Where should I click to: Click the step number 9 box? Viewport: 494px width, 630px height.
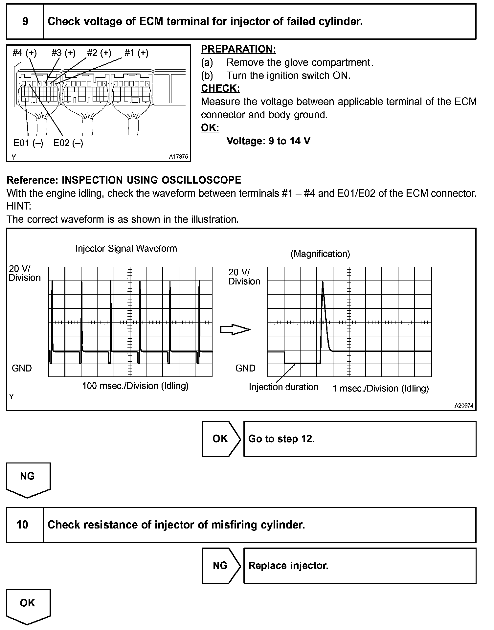coord(25,22)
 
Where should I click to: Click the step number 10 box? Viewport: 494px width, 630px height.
coord(22,525)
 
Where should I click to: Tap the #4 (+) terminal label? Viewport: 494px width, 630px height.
coord(25,53)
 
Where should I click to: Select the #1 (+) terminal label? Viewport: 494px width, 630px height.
coord(136,53)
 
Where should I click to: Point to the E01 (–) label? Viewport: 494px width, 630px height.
coord(28,143)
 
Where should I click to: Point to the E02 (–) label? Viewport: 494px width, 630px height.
coord(68,143)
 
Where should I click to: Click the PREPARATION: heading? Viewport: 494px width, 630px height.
coord(238,49)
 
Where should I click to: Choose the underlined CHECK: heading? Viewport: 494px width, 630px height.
coord(220,88)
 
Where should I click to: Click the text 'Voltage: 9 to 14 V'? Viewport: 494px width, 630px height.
coord(268,141)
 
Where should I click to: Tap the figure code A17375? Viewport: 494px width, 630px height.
coord(178,157)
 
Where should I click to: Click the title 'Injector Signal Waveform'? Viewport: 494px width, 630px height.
coord(126,249)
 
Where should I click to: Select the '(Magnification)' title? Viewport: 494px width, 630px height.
coord(320,254)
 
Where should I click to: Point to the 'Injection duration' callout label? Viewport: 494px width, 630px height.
coord(283,387)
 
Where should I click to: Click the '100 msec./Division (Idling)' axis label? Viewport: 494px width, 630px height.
coord(135,386)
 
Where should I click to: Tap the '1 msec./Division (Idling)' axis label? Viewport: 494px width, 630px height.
coord(380,389)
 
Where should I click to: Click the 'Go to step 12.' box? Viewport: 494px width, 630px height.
coord(359,439)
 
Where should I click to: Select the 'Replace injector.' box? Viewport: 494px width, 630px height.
coord(359,566)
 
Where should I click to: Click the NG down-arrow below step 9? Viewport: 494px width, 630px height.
coord(28,479)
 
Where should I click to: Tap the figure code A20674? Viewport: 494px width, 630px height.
coord(464,406)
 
